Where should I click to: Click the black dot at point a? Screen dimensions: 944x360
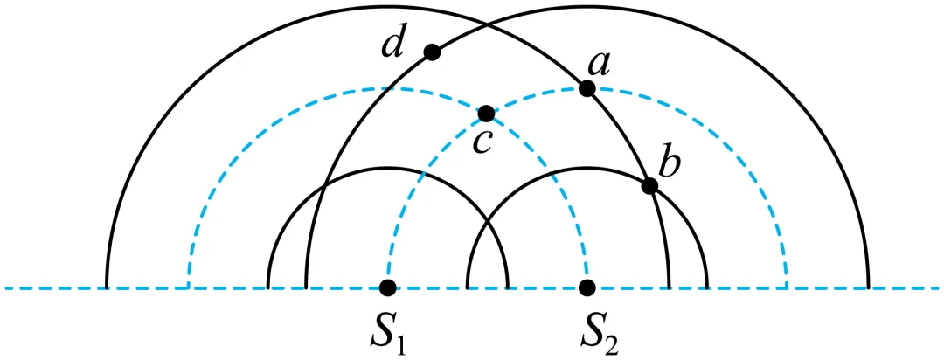tap(587, 88)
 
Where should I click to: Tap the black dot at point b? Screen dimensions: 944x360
tap(649, 186)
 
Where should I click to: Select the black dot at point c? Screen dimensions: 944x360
tap(486, 113)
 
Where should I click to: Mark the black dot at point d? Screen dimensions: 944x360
tap(432, 52)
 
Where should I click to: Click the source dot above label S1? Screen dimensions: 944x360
tap(388, 287)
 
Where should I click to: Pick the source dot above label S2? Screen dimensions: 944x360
tap(587, 287)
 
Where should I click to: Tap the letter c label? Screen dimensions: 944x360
tap(483, 143)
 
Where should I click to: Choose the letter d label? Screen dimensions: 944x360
tap(394, 44)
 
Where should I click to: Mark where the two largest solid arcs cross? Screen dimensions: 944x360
tap(488, 24)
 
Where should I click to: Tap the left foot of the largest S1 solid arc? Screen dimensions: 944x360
tap(107, 287)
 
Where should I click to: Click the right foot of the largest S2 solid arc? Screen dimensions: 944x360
tap(868, 287)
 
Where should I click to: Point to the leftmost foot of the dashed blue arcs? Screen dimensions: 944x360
tap(189, 287)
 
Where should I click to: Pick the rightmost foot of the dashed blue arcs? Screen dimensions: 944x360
tap(787, 287)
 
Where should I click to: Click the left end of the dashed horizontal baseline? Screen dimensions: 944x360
tap(6, 288)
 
